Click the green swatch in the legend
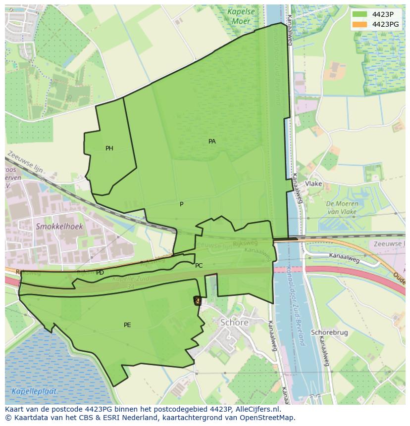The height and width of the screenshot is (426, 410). pos(360,14)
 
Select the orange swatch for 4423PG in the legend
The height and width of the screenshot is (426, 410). pos(360,24)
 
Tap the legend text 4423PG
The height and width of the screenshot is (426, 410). pos(385,24)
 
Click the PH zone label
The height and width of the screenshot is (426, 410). pos(109,148)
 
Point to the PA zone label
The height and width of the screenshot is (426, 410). pos(212,142)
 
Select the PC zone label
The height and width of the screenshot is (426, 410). pos(199,266)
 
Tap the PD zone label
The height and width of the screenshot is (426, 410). pos(100,273)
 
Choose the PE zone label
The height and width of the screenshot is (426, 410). pos(127,325)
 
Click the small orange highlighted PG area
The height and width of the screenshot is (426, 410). pos(197,300)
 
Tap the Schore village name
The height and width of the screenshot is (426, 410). pos(234,323)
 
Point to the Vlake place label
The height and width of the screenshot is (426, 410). pos(313,184)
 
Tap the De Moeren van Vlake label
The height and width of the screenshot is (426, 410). pos(342,208)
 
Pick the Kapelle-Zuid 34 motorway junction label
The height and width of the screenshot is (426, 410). pos(124,282)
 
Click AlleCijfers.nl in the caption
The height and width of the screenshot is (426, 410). pos(257,409)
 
